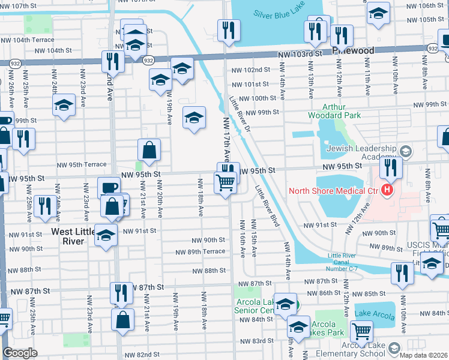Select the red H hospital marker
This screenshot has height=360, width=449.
[387, 191]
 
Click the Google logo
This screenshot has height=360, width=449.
[20, 353]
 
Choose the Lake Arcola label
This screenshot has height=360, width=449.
[375, 314]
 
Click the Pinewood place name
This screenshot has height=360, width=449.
[354, 51]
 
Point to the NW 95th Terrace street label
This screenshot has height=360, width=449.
[82, 164]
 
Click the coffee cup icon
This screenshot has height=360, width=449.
[109, 187]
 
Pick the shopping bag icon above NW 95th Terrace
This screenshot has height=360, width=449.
[149, 149]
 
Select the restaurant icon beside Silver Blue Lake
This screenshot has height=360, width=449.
[228, 30]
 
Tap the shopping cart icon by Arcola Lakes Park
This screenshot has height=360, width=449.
[361, 331]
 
